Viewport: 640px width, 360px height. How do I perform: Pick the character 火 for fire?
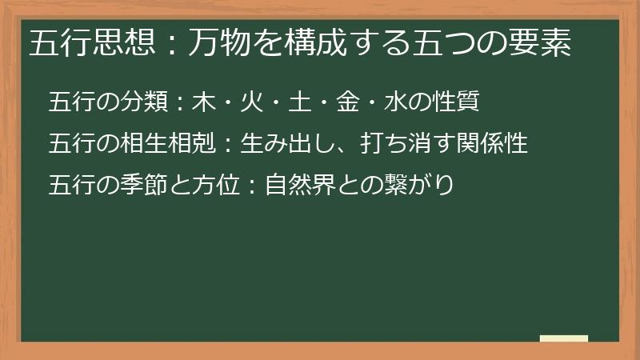[x=255, y=102]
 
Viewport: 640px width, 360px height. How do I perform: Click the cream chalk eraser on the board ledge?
[x=564, y=338]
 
